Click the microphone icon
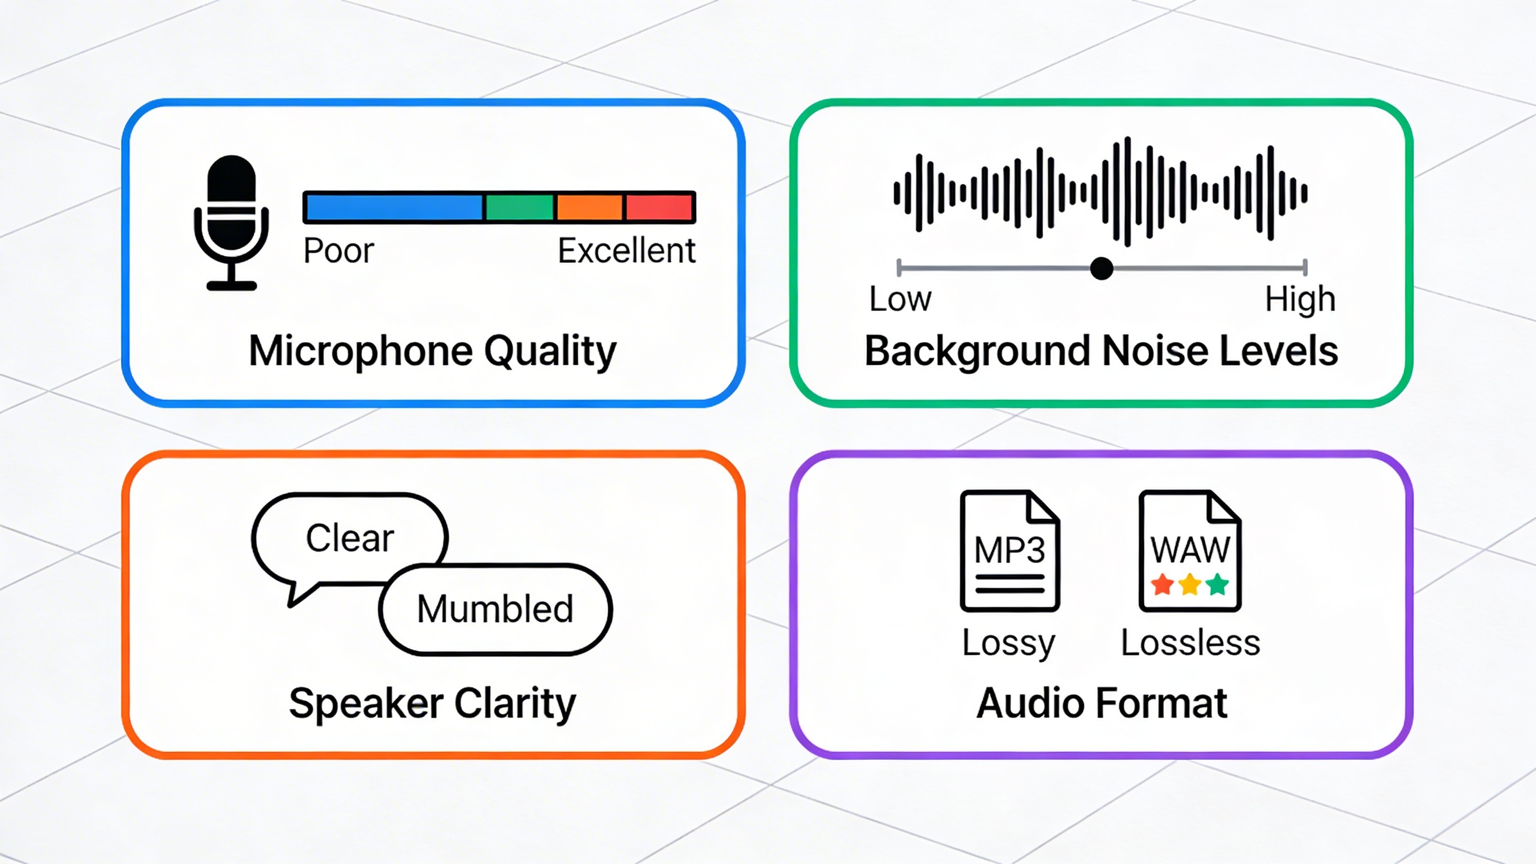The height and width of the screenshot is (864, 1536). (x=232, y=223)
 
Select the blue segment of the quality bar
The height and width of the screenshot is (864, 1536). (x=394, y=208)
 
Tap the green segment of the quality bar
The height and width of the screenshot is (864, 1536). (x=519, y=208)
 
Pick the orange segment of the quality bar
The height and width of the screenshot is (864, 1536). (x=589, y=208)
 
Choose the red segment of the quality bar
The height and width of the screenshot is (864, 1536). (x=659, y=208)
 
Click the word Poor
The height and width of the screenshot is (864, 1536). (x=338, y=251)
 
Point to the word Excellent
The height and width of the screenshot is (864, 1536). (x=626, y=251)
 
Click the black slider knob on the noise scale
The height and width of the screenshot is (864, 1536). (x=1102, y=268)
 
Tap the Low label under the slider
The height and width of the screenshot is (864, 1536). (x=900, y=299)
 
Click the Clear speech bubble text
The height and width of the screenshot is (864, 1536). (x=350, y=538)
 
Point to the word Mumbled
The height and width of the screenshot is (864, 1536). (x=495, y=608)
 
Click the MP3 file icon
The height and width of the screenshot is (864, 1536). (x=1010, y=551)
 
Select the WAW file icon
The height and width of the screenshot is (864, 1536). (x=1190, y=551)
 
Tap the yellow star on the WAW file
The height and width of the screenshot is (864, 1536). (x=1190, y=584)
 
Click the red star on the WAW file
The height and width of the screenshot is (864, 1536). (x=1163, y=584)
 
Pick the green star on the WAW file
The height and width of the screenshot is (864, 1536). (x=1217, y=584)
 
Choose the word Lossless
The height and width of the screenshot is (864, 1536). (x=1190, y=643)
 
